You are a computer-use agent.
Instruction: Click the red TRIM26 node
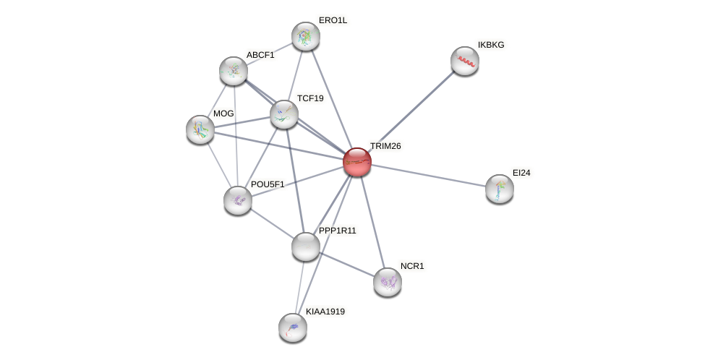pyautogui.click(x=357, y=162)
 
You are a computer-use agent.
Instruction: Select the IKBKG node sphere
pyautogui.click(x=465, y=61)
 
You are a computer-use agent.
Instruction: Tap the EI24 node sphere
pyautogui.click(x=500, y=189)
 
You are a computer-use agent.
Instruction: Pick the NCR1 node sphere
pyautogui.click(x=388, y=282)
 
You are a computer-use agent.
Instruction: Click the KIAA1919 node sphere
pyautogui.click(x=293, y=327)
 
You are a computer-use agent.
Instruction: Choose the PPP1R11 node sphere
pyautogui.click(x=306, y=247)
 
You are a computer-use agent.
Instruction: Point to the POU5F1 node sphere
pyautogui.click(x=238, y=200)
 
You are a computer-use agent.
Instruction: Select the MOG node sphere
pyautogui.click(x=200, y=130)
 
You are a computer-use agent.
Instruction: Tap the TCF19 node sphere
pyautogui.click(x=284, y=115)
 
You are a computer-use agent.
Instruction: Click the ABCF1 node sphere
pyautogui.click(x=234, y=71)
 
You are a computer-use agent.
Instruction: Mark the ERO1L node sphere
pyautogui.click(x=306, y=36)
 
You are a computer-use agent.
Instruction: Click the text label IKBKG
pyautogui.click(x=491, y=45)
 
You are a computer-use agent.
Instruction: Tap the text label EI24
pyautogui.click(x=521, y=173)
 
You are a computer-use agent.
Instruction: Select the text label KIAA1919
pyautogui.click(x=325, y=312)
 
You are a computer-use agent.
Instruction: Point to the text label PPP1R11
pyautogui.click(x=338, y=231)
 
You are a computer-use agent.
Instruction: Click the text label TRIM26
pyautogui.click(x=386, y=146)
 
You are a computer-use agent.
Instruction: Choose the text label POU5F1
pyautogui.click(x=268, y=185)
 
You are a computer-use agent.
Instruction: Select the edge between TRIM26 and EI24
pyautogui.click(x=429, y=176)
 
